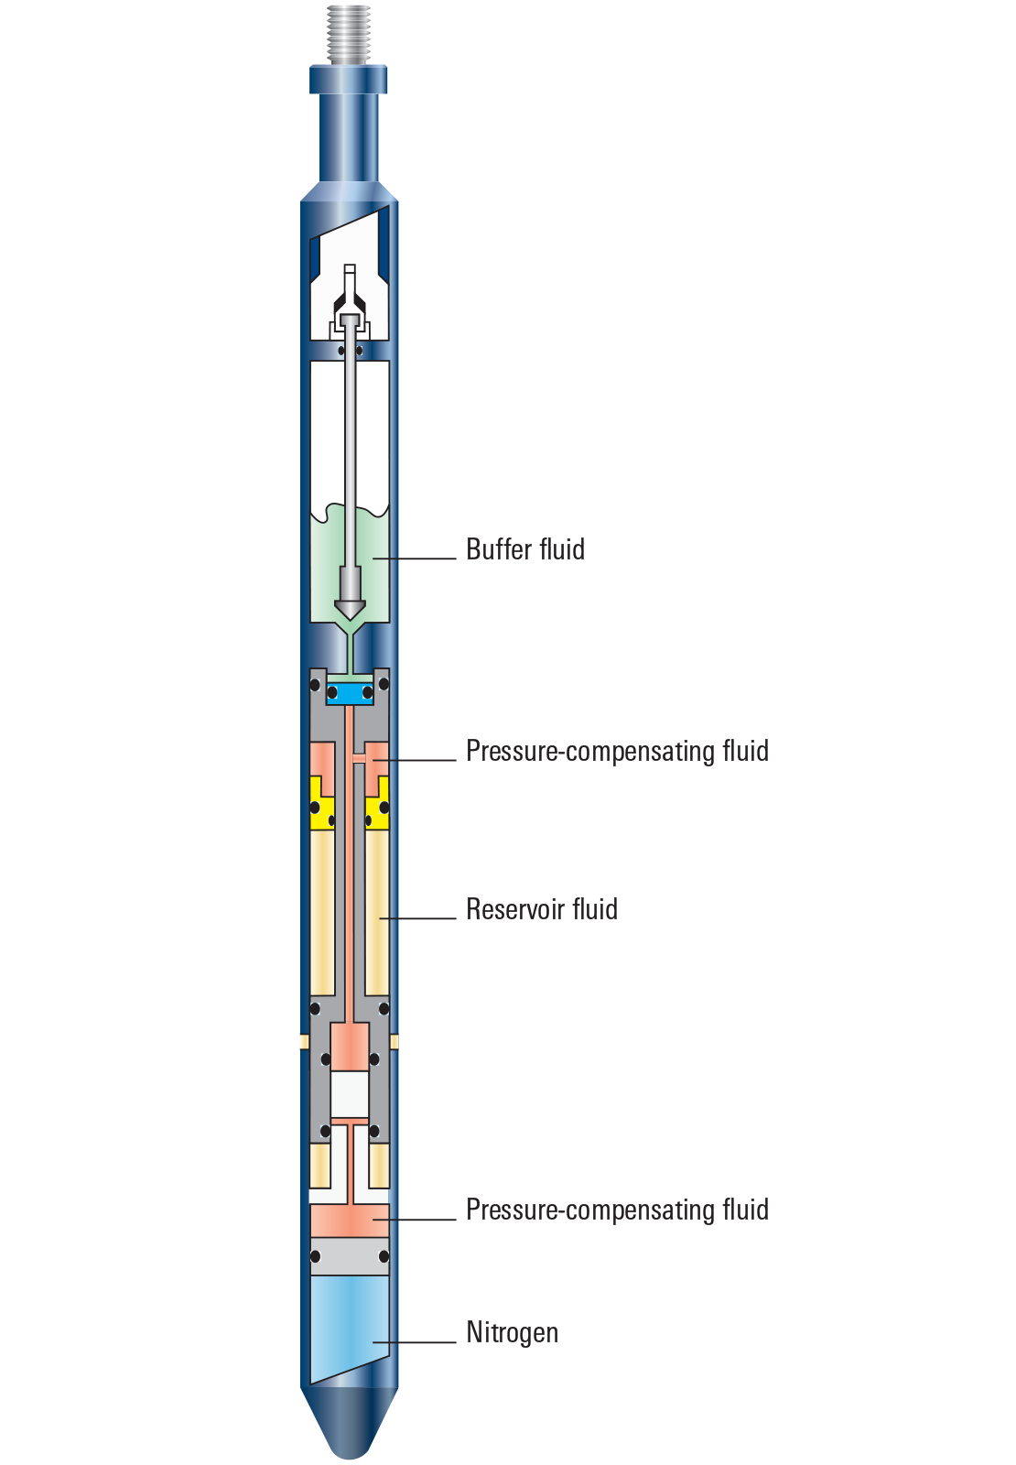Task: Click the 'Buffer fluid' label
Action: point(524,549)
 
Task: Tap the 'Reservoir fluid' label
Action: point(541,909)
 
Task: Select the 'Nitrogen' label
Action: point(512,1332)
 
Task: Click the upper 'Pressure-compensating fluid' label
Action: point(617,751)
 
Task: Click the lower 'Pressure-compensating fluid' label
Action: point(617,1210)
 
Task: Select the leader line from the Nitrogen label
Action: point(416,1342)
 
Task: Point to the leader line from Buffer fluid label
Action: point(416,558)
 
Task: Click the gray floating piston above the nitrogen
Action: point(349,1256)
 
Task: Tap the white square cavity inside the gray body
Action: point(350,1093)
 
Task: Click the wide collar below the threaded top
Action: point(349,79)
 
